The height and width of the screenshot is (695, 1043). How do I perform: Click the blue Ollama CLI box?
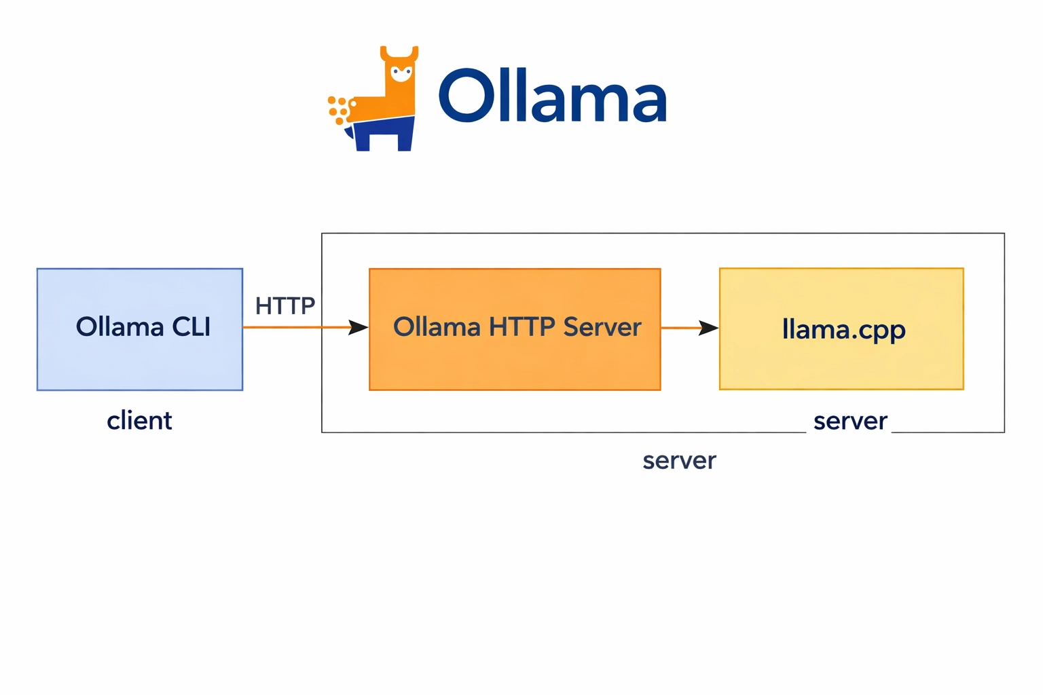tap(139, 360)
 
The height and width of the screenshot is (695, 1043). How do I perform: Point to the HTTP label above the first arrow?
tap(285, 306)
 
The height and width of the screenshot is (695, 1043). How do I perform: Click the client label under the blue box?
tap(139, 421)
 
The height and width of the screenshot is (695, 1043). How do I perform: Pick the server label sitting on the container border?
tap(850, 421)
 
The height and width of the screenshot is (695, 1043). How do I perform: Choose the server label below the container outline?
tap(679, 461)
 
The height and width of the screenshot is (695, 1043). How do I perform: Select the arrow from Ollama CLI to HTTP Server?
tap(306, 328)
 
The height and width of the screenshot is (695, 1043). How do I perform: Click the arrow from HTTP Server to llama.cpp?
tap(689, 328)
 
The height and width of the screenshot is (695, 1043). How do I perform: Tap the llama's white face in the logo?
tap(401, 72)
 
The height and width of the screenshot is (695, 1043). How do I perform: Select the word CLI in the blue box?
tap(191, 327)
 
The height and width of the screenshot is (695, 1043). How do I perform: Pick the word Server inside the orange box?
tap(602, 327)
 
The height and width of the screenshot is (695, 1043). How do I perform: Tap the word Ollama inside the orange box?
tap(437, 327)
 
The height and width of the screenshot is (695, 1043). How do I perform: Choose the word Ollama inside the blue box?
tap(120, 327)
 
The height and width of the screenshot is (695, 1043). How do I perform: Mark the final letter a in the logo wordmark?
tap(648, 102)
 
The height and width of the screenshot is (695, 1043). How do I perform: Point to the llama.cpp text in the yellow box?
tap(843, 330)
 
